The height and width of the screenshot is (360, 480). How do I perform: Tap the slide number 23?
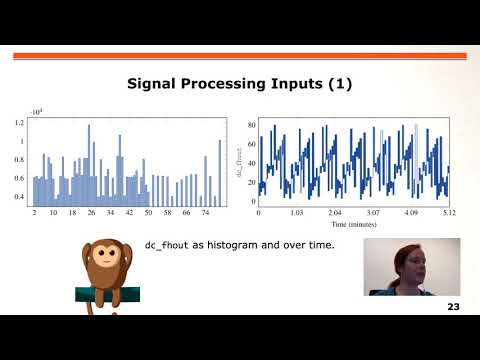click(454, 306)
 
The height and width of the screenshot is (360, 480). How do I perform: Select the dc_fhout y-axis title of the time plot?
click(239, 163)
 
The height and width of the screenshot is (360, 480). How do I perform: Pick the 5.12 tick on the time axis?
click(450, 214)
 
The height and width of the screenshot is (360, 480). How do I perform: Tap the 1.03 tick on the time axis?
click(296, 214)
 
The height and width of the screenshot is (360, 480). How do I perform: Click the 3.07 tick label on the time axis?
click(373, 214)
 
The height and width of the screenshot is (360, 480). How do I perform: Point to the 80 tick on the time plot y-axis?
click(250, 123)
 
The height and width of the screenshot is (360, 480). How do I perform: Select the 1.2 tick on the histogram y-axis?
click(20, 123)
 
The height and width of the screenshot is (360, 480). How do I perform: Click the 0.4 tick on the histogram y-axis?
click(20, 197)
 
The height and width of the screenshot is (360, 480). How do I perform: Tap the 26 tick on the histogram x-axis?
click(91, 213)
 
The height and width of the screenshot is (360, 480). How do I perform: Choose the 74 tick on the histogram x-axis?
click(205, 213)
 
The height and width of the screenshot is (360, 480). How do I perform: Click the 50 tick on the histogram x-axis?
click(148, 213)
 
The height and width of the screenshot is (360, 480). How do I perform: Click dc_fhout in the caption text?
click(168, 245)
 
